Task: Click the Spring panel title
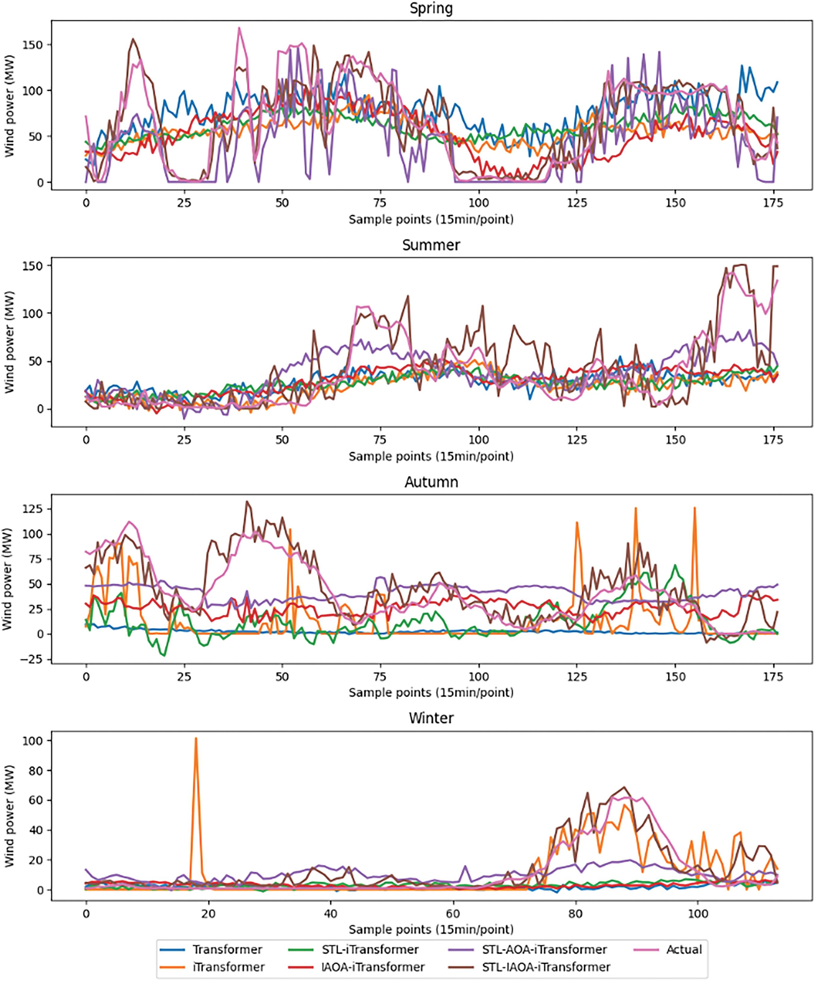[431, 8]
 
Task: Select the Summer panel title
[431, 245]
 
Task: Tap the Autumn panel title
[431, 482]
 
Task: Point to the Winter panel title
[431, 718]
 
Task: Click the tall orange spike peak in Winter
[196, 739]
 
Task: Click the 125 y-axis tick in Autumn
[33, 509]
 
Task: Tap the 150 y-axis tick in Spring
[33, 45]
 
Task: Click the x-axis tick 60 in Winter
[453, 914]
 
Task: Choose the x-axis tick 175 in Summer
[773, 440]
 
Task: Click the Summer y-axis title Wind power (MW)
[9, 342]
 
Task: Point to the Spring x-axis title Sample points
[431, 220]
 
